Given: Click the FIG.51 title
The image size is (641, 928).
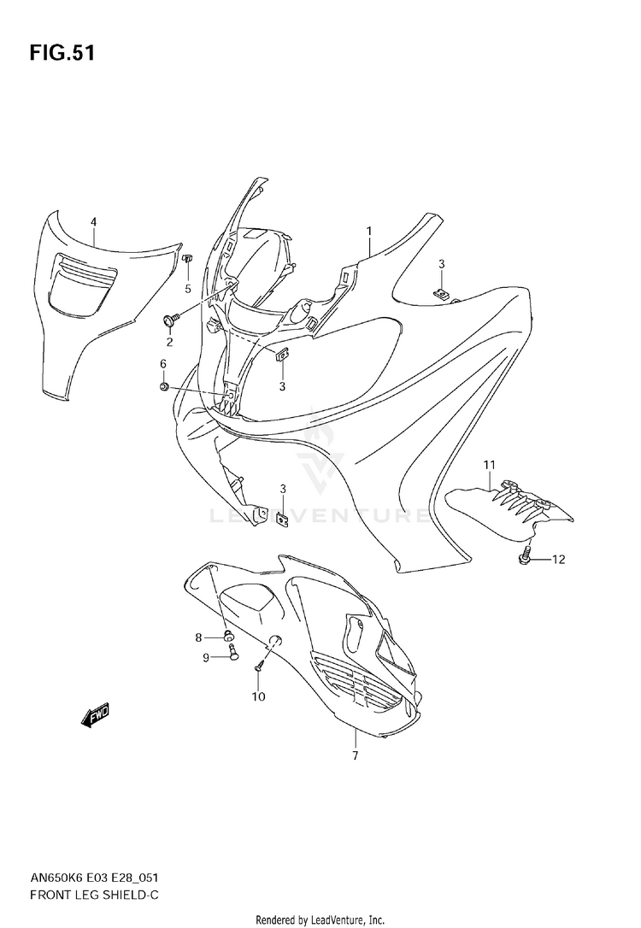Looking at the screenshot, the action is tap(62, 53).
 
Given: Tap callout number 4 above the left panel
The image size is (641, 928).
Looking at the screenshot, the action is tap(93, 222).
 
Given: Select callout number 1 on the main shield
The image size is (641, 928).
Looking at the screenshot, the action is tap(368, 231).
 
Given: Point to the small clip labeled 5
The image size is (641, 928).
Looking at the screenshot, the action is tap(188, 258).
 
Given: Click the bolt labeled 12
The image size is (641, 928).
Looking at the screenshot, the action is tap(525, 557).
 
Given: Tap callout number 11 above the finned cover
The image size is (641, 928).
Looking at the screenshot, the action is tap(489, 465).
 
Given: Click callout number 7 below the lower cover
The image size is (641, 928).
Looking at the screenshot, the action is tap(356, 755).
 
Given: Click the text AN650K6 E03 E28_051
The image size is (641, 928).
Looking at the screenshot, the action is tap(93, 878).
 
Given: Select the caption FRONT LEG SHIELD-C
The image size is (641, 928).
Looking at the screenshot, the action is tap(94, 895).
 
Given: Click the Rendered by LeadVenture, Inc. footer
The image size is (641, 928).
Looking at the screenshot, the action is tap(320, 919).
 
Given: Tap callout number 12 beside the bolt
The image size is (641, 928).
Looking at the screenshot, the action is tap(558, 560).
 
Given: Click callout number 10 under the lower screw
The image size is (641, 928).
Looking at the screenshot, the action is tap(259, 696).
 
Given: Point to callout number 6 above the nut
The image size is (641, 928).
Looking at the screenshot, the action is tap(163, 363).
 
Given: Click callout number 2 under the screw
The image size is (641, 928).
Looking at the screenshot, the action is tap(169, 342).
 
